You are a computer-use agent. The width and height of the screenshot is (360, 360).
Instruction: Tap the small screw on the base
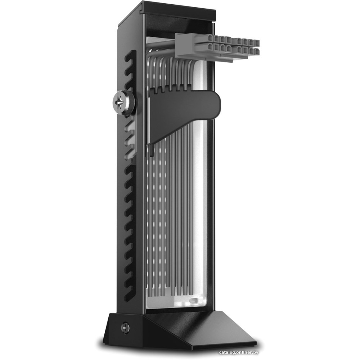click(125, 328)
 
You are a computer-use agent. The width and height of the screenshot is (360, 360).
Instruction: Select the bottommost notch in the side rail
click(129, 296)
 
